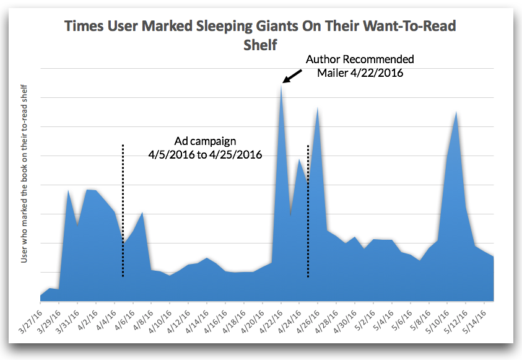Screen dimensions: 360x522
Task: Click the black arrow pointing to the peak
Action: (x=293, y=75)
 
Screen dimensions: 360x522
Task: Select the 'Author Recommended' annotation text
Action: (x=360, y=59)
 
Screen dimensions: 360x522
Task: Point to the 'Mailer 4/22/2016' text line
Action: (x=360, y=73)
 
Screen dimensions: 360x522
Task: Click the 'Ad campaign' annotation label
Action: (x=204, y=141)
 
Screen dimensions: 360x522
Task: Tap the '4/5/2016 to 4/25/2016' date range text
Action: (x=204, y=154)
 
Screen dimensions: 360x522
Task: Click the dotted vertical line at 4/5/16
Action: (x=123, y=211)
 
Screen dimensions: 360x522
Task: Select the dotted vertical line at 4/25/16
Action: (x=308, y=211)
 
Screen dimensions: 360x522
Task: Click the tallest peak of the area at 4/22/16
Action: (x=281, y=87)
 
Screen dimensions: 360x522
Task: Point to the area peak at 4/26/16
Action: (x=318, y=108)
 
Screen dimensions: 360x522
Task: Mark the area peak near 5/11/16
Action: (x=456, y=113)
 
